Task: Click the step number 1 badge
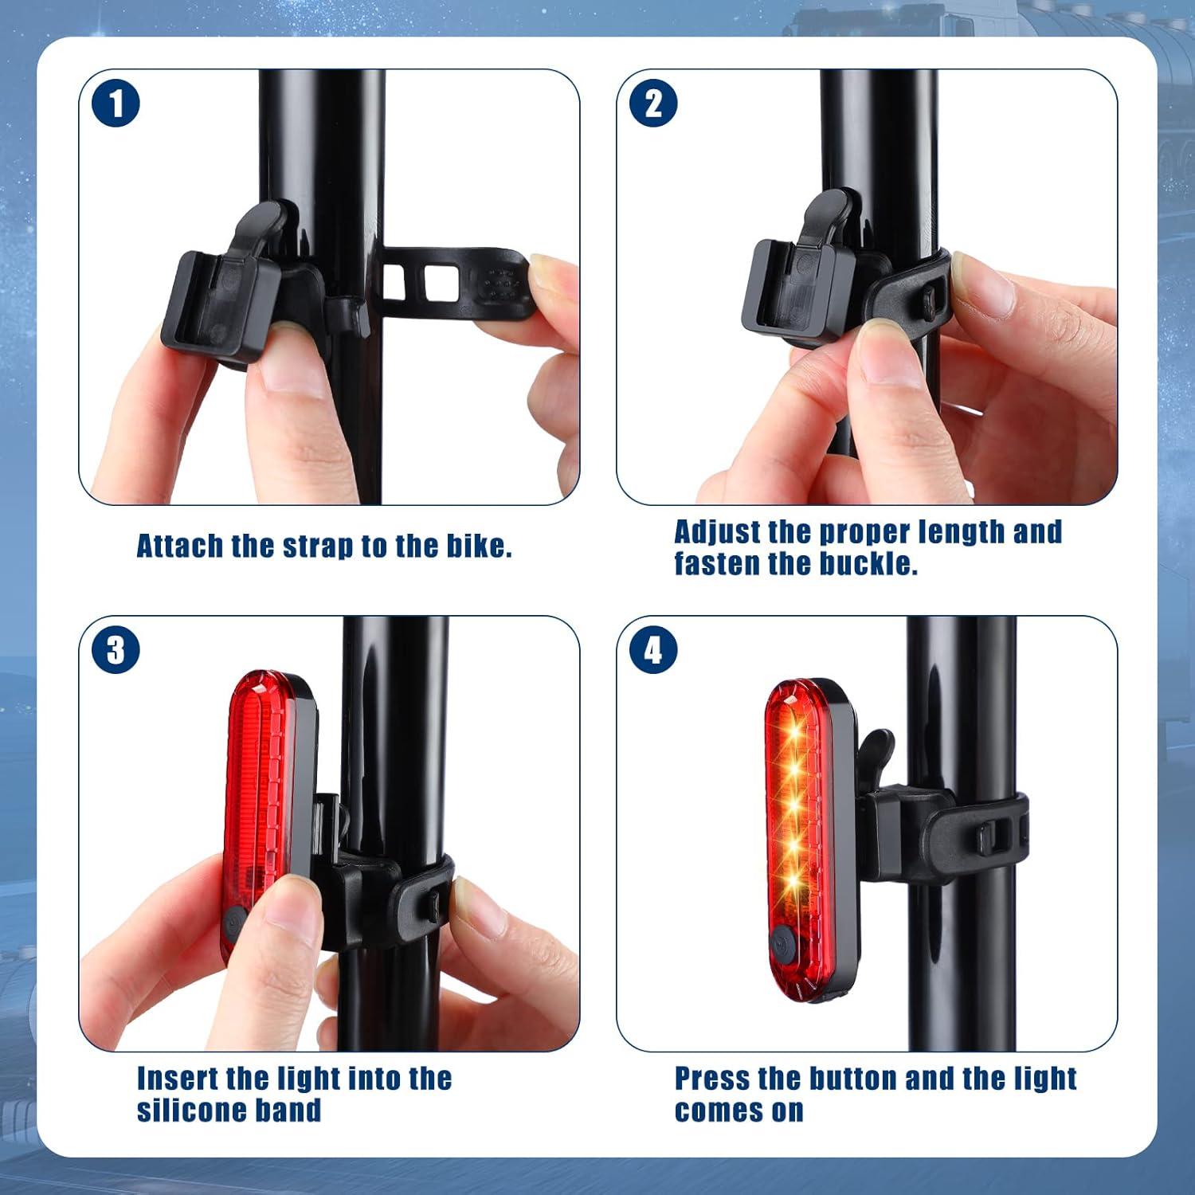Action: pyautogui.click(x=116, y=104)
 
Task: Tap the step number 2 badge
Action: pyautogui.click(x=653, y=104)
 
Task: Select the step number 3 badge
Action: pyautogui.click(x=116, y=650)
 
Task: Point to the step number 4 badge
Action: pyautogui.click(x=653, y=650)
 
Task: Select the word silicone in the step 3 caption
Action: pyautogui.click(x=191, y=1110)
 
